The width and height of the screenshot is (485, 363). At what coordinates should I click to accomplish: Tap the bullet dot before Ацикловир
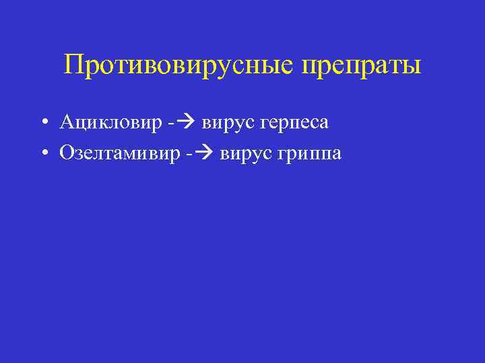point(42,123)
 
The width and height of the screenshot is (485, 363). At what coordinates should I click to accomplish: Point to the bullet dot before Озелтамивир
point(42,154)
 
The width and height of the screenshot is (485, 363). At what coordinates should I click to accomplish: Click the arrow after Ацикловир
point(182,123)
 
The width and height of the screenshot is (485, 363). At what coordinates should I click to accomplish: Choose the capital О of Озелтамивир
point(67,153)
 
